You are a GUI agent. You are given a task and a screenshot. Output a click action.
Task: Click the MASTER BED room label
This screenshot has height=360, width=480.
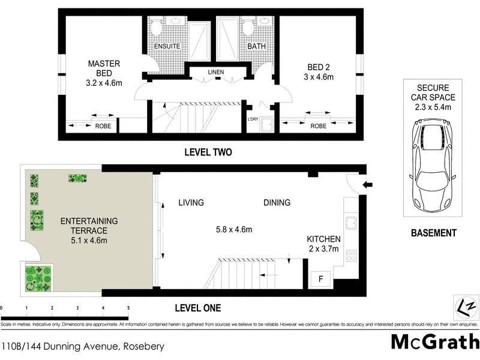(x=104, y=68)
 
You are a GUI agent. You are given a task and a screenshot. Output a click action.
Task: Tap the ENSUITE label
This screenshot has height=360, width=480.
(x=165, y=46)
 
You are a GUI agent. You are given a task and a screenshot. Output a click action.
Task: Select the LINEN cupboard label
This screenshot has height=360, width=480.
(x=216, y=72)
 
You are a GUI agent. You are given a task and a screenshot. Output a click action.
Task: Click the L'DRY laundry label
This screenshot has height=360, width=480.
(x=253, y=119)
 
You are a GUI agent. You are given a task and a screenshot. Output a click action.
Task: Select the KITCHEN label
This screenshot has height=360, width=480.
(x=323, y=238)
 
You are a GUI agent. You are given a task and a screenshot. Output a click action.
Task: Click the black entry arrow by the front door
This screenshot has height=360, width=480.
(x=368, y=185)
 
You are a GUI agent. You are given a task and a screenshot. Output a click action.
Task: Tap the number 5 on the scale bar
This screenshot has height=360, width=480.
(x=128, y=308)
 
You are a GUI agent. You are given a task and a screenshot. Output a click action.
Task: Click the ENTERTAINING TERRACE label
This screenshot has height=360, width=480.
(x=84, y=226)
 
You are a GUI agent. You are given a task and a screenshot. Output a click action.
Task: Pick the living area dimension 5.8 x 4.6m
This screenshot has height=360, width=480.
(x=233, y=229)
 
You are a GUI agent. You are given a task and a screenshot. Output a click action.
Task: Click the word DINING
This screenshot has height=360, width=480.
(x=277, y=203)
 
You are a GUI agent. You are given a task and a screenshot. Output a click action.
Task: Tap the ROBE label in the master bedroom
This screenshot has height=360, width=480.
(x=102, y=126)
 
